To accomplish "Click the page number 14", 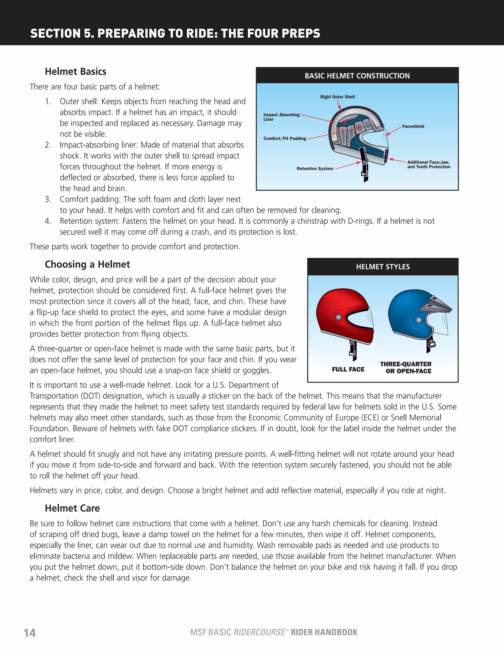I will click(30, 633).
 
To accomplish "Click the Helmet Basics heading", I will click(76, 71).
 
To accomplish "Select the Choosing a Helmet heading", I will click(87, 264).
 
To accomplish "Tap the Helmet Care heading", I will click(72, 508).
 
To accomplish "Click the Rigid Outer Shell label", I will click(337, 97).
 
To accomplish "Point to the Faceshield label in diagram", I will click(413, 126).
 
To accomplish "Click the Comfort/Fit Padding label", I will click(285, 138).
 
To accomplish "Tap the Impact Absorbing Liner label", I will click(281, 117).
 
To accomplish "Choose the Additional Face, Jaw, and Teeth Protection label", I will click(428, 164).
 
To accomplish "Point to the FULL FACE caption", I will click(348, 369).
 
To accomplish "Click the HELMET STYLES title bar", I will click(383, 267).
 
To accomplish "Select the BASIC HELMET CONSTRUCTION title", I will click(357, 76).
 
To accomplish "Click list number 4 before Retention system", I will click(48, 221).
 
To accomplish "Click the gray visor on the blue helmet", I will click(438, 304).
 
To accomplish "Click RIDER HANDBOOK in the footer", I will click(324, 632).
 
